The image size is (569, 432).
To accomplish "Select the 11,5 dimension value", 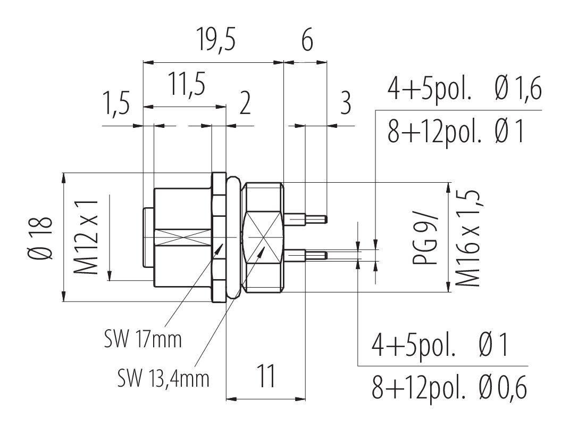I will point(186,85).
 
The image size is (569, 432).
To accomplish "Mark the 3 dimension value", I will point(345,105).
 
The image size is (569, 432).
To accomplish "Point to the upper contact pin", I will point(306,218).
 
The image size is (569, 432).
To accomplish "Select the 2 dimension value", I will point(245,105).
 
